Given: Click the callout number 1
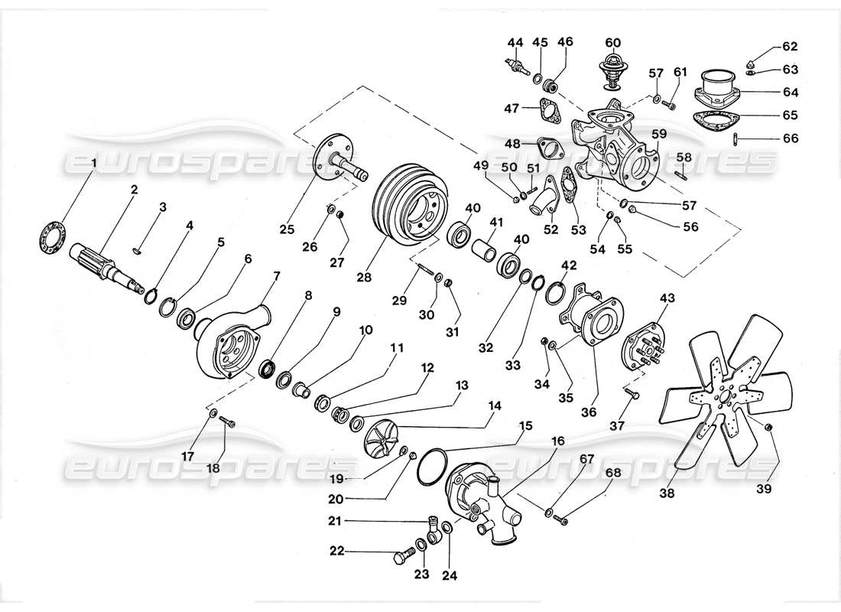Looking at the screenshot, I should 94,162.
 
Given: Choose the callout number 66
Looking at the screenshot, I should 790,138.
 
